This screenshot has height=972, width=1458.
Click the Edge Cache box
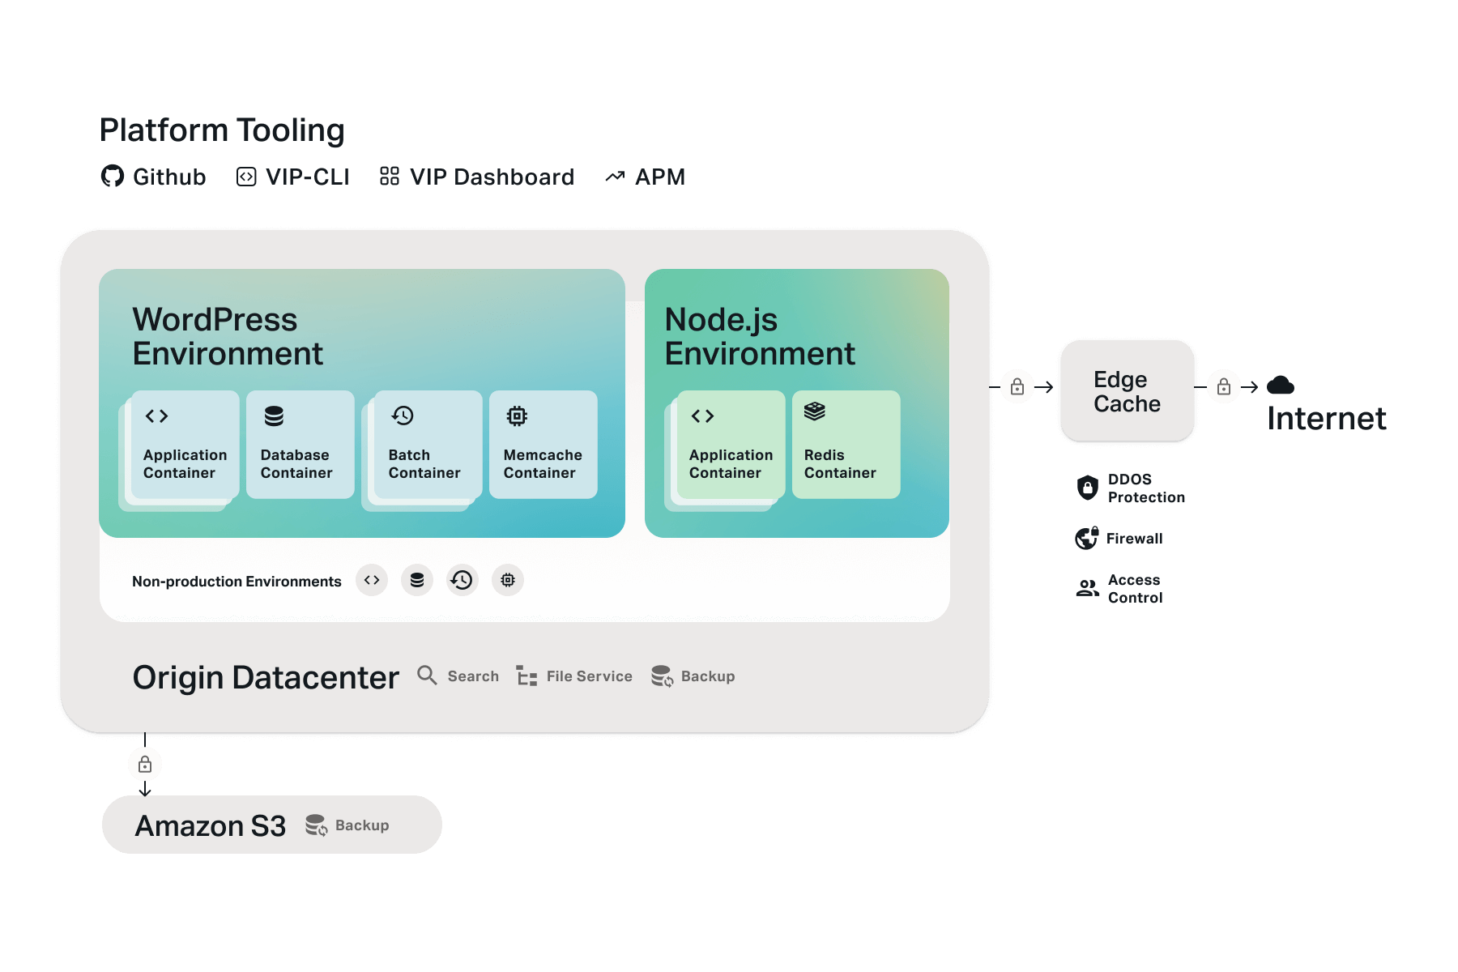tap(1127, 391)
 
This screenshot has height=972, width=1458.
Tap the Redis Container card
tap(846, 444)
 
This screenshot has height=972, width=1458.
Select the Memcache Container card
tap(543, 444)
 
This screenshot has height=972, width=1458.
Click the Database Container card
tap(300, 444)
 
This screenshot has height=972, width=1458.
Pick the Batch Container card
tap(427, 444)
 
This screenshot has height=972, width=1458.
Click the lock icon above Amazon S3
tap(145, 764)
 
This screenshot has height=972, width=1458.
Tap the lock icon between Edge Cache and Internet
tap(1224, 386)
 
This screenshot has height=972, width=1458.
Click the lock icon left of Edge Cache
tap(1017, 386)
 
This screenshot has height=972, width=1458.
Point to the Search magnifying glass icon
tap(427, 675)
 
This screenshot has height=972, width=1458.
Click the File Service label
tap(589, 676)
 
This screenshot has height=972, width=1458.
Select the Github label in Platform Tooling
tap(169, 177)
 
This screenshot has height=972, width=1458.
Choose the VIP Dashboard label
tap(492, 177)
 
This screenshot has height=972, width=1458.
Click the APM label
tap(660, 177)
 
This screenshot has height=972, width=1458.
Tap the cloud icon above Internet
tap(1281, 386)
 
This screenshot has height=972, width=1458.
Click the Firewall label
tap(1134, 539)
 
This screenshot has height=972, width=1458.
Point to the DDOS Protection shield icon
tap(1088, 488)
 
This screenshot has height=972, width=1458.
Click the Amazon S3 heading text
tap(211, 825)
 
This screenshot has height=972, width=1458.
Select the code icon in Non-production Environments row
tap(372, 580)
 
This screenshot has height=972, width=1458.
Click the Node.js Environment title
tap(760, 336)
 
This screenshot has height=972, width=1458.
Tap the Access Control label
tap(1135, 589)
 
